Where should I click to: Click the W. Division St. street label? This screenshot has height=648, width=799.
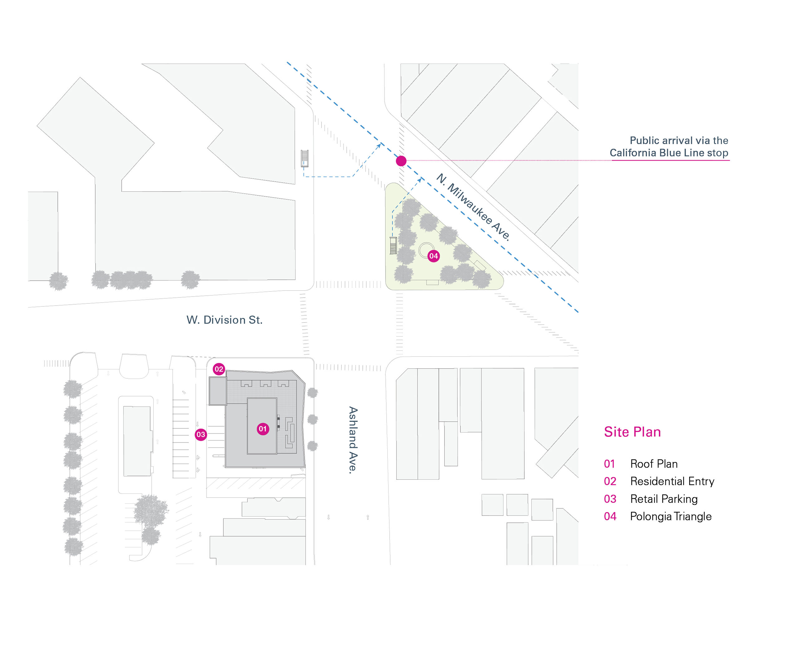(x=224, y=320)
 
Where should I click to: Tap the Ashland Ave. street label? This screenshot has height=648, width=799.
(x=353, y=440)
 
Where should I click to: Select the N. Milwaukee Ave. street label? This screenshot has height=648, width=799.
(x=473, y=207)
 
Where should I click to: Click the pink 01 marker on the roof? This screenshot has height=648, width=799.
(x=263, y=429)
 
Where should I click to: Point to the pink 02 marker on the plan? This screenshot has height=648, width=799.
(x=219, y=369)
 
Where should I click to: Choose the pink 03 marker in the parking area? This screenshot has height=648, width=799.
(x=201, y=434)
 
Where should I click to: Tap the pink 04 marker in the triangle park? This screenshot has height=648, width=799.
(x=433, y=256)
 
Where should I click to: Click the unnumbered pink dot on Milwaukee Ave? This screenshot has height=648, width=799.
(x=401, y=161)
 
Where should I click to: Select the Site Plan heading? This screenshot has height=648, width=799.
(x=632, y=432)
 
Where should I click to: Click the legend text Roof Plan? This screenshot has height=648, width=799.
(x=654, y=464)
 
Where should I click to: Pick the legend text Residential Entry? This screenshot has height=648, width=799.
(x=672, y=482)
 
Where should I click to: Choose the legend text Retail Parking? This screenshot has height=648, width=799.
(x=664, y=499)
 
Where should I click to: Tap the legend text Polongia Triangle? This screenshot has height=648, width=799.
(x=671, y=517)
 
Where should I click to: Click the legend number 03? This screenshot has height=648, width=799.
(x=610, y=499)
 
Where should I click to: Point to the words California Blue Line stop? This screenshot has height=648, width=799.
(x=669, y=153)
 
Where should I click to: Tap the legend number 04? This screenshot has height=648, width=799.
(x=610, y=517)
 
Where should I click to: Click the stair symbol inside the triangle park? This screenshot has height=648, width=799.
(x=393, y=245)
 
